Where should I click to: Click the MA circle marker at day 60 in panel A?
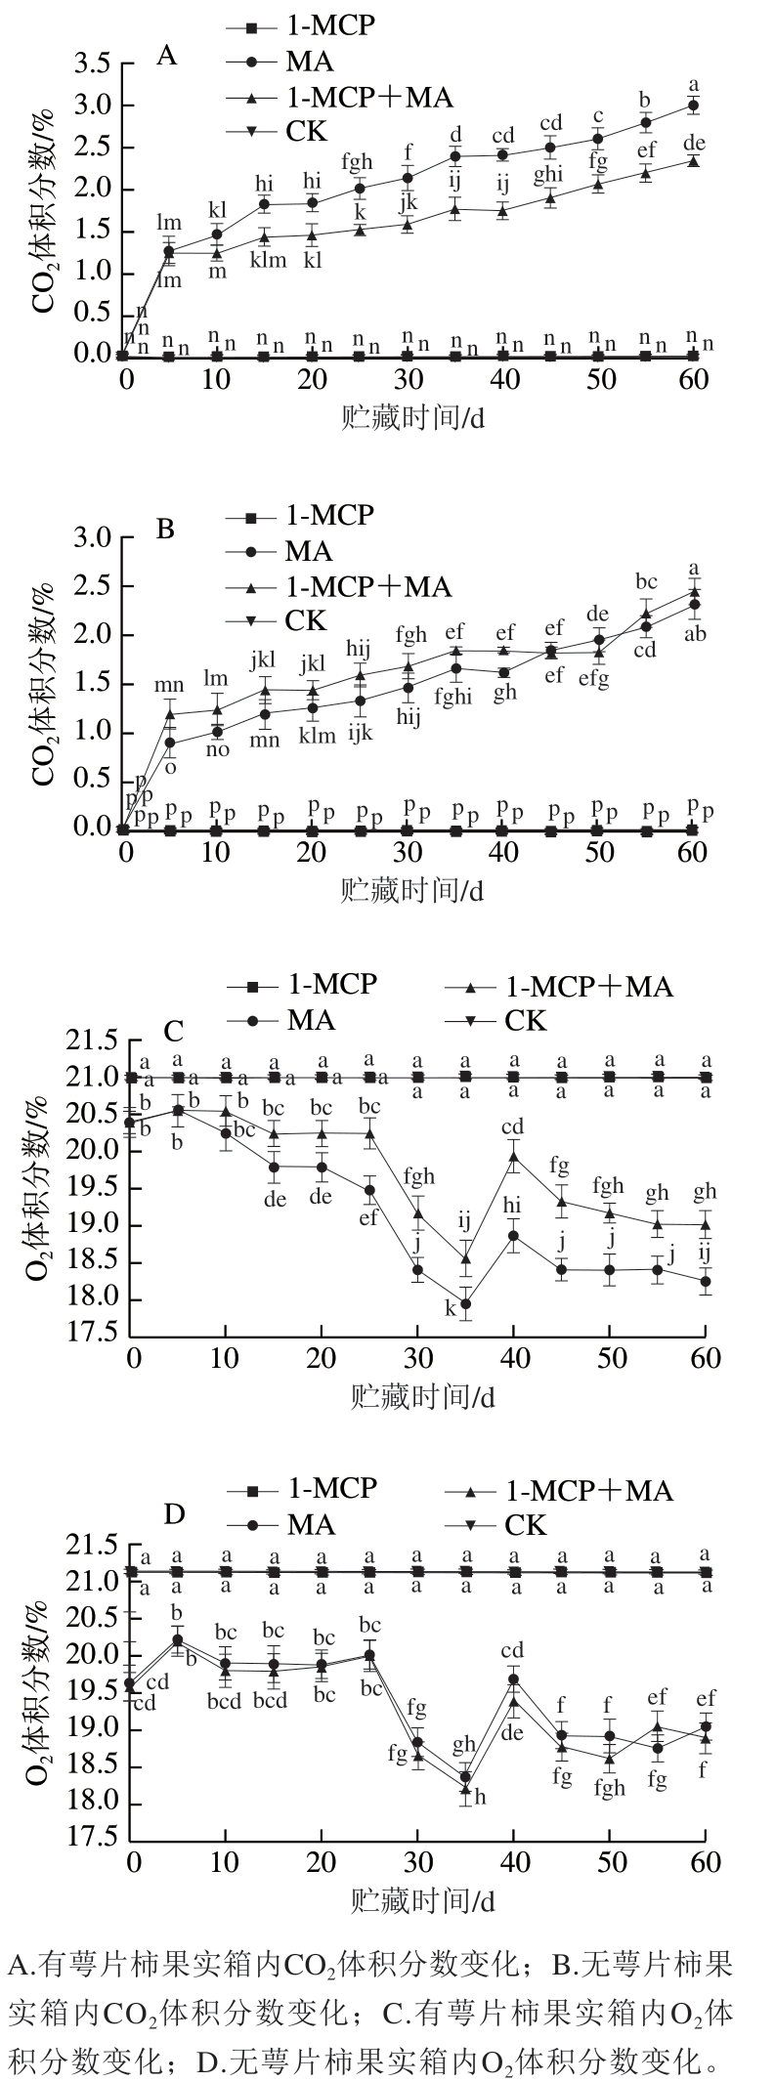tap(693, 105)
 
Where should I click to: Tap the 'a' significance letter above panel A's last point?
tap(695, 83)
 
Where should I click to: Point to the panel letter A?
tap(167, 56)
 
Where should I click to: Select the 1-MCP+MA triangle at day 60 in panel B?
tap(694, 592)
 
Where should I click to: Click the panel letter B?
tap(165, 529)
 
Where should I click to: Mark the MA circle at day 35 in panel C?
tap(466, 1303)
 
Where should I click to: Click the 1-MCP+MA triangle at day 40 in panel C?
tap(513, 1157)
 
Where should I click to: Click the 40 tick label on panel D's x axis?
tap(513, 1860)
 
